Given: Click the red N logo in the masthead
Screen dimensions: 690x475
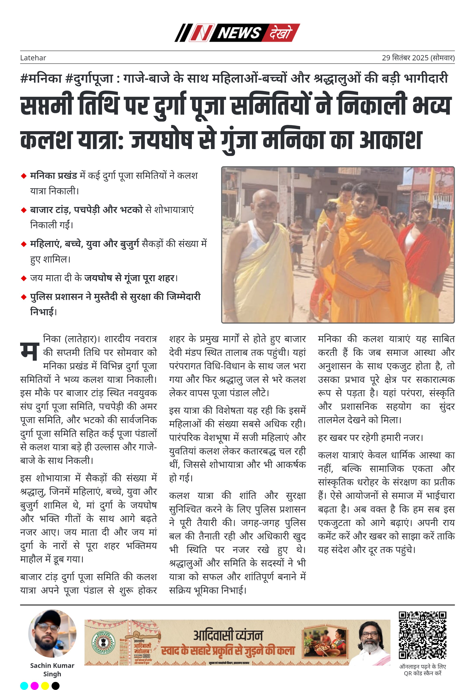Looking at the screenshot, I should pos(201,33).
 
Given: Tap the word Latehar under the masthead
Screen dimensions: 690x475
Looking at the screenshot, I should pos(33,58).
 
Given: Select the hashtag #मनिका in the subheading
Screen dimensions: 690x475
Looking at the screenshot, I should pos(41,78).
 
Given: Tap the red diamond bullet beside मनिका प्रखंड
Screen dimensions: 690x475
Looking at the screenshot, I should pos(24,176).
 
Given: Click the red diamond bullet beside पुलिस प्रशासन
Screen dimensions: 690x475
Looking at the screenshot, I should pos(24,297).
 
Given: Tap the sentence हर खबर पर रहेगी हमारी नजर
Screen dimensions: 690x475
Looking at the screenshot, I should pos(370,438).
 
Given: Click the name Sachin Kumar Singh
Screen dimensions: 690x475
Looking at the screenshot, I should pos(52,669).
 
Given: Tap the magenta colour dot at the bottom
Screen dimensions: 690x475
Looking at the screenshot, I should pos(35,686).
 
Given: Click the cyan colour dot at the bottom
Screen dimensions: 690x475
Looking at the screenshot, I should pos(24,686).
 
